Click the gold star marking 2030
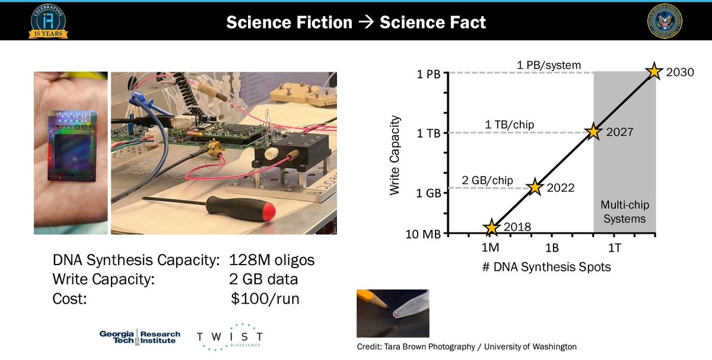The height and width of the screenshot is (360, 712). (654, 71)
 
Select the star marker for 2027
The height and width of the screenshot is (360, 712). (593, 132)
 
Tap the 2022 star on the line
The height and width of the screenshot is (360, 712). (535, 187)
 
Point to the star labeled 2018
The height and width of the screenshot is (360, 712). (491, 227)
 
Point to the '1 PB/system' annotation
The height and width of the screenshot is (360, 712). (548, 65)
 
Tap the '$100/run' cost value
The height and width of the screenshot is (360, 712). (265, 299)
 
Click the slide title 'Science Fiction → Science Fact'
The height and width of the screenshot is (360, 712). (356, 23)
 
